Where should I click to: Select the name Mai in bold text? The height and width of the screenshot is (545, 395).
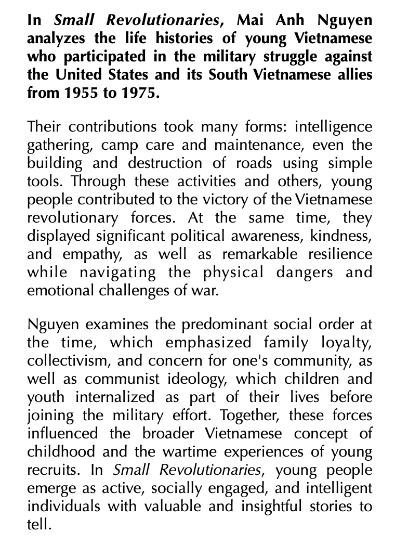coord(250,21)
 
